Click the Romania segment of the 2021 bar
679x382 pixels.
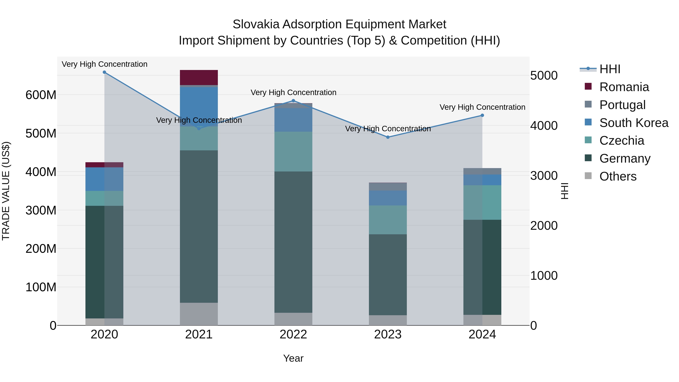(x=199, y=78)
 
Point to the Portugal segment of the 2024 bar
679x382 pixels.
(x=482, y=171)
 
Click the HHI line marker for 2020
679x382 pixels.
(x=104, y=72)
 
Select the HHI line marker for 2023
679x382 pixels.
(x=388, y=137)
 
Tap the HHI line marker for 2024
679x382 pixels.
(x=482, y=115)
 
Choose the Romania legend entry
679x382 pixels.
(x=624, y=87)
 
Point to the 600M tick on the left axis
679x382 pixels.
(x=41, y=95)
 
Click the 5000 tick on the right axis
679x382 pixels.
(x=544, y=76)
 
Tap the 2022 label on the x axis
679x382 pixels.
(x=293, y=334)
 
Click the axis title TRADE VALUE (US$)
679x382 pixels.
(x=6, y=191)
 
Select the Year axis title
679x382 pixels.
(x=293, y=358)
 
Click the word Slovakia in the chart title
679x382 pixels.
(x=256, y=24)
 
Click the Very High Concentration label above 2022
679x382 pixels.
(x=293, y=93)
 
